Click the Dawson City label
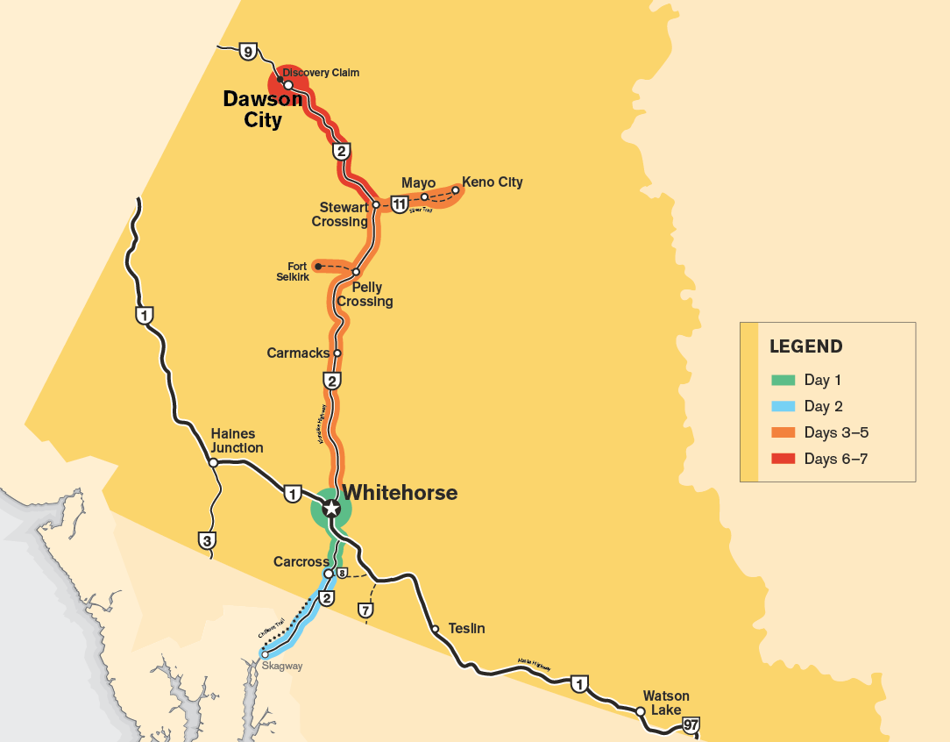[x=262, y=110]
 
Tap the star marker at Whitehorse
[x=331, y=509]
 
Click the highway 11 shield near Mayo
[x=400, y=205]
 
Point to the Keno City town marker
[x=456, y=189]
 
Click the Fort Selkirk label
[x=298, y=272]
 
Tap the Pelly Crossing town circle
[x=356, y=272]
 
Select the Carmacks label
[x=297, y=353]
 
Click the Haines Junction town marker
[x=213, y=462]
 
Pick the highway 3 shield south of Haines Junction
[x=208, y=540]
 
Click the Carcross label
[x=301, y=561]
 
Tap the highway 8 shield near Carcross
[x=342, y=574]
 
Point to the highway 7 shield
[x=366, y=610]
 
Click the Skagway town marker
[x=265, y=653]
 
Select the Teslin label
[x=466, y=629]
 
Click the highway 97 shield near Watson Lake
[x=691, y=724]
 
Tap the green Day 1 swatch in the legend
[x=783, y=381]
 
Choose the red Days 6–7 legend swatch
[x=783, y=459]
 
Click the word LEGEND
[x=805, y=346]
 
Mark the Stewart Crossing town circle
[x=376, y=204]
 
